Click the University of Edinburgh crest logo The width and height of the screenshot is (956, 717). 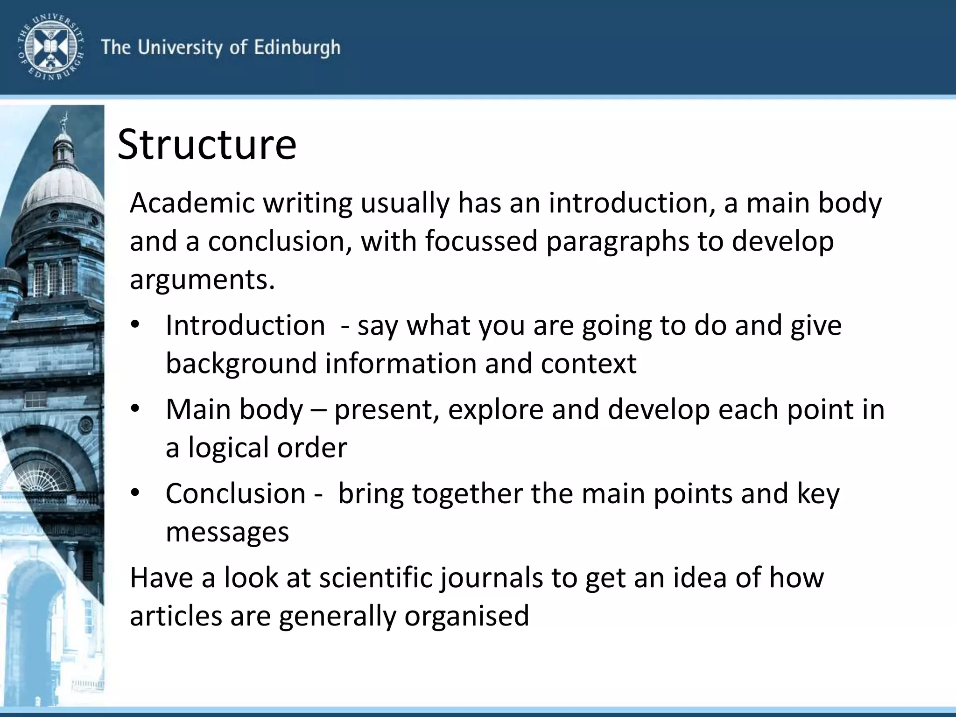(50, 47)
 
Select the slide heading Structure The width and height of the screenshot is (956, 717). (207, 144)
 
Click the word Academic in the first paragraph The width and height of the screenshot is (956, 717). (192, 203)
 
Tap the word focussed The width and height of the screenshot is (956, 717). (481, 241)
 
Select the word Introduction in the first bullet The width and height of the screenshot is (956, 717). (245, 325)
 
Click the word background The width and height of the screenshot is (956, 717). (241, 364)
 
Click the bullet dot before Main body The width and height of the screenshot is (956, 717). (135, 409)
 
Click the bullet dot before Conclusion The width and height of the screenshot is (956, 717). (135, 493)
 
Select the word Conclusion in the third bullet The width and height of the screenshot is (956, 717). (235, 493)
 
